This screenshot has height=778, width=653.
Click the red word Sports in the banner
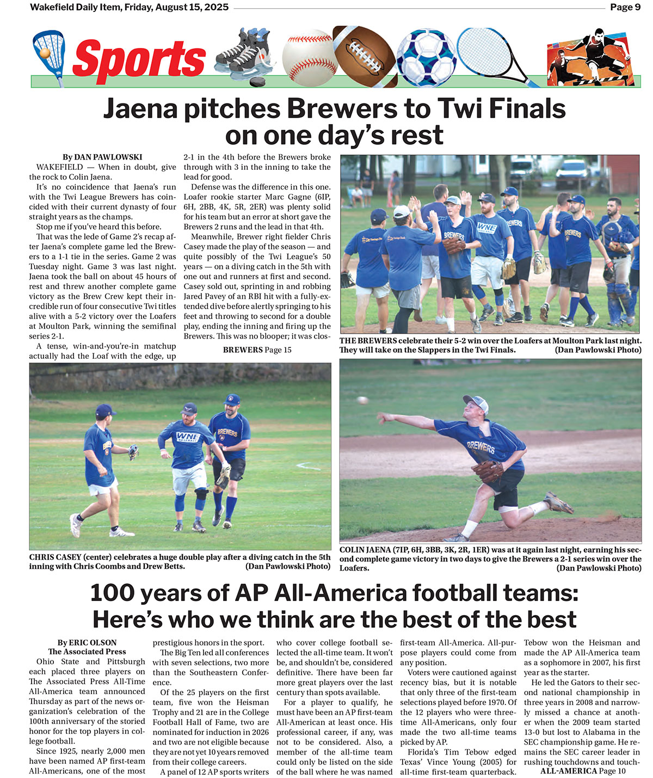[x=139, y=59]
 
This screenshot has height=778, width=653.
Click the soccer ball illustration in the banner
[x=426, y=57]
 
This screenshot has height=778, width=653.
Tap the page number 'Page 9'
[x=625, y=7]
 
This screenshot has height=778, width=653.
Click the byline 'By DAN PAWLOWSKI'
[x=102, y=157]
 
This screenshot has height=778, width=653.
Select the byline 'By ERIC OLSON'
[x=87, y=642]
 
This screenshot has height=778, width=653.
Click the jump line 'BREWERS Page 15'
[x=257, y=350]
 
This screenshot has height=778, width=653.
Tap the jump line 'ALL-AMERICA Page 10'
[x=582, y=771]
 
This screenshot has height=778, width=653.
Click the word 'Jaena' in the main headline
[x=140, y=109]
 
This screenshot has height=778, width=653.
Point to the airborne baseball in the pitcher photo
[x=362, y=400]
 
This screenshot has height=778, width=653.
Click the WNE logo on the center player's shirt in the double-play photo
[x=188, y=437]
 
